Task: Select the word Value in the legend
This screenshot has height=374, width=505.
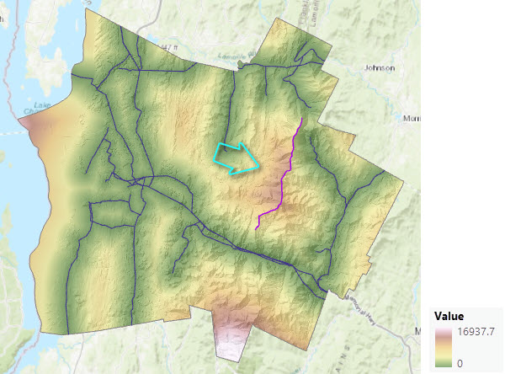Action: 449,316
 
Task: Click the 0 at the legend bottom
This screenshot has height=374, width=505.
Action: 459,363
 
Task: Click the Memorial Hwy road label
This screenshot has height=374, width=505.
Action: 364,313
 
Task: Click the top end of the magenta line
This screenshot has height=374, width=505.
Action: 301,118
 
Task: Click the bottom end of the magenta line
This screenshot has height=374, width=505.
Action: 257,227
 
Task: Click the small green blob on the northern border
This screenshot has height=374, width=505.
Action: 242,62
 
